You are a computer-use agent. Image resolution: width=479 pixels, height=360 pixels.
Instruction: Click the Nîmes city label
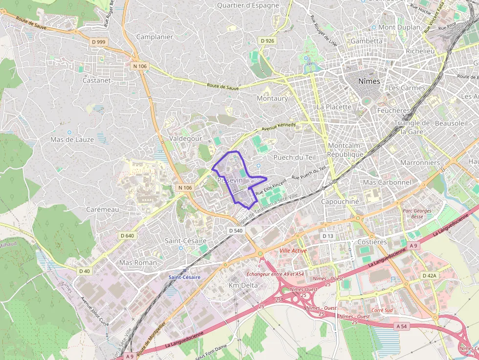pos(369,81)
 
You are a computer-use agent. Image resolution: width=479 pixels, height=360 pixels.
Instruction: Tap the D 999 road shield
pos(98,42)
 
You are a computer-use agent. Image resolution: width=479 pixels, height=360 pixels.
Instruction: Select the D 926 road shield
pos(267,41)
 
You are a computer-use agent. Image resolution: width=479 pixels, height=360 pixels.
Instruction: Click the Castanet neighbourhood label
pos(97,80)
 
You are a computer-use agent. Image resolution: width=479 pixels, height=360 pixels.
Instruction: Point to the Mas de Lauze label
pos(72,140)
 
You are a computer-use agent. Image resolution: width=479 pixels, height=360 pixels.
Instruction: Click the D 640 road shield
pos(127,235)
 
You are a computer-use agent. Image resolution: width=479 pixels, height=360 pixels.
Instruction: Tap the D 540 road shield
pos(236,230)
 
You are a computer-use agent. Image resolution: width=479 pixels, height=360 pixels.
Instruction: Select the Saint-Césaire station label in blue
pos(184,277)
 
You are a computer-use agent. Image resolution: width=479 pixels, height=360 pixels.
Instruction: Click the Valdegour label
pos(185,139)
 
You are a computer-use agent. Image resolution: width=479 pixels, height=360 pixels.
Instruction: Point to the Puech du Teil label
pos(295,157)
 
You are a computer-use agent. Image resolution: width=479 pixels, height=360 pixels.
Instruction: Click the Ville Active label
pos(293,251)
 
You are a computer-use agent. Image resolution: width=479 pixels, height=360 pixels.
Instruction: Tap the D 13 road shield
pos(327,236)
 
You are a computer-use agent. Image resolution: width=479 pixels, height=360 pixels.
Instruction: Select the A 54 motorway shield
pos(402,326)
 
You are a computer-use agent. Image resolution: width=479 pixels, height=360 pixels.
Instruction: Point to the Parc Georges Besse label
pos(417,213)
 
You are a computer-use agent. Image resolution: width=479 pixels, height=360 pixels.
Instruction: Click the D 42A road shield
pos(429,275)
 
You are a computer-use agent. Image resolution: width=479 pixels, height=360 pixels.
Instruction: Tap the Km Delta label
pos(243,285)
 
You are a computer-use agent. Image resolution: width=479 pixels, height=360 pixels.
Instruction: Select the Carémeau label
pos(102,209)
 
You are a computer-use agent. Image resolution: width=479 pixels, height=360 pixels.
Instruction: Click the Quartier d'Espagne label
pos(248,5)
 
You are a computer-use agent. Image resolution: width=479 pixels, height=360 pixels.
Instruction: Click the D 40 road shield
pos(84,271)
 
